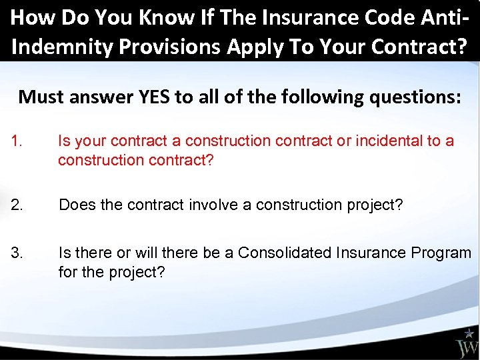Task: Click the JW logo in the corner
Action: pos(466,347)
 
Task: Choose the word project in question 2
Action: pos(377,205)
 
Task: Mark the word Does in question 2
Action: pos(75,205)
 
